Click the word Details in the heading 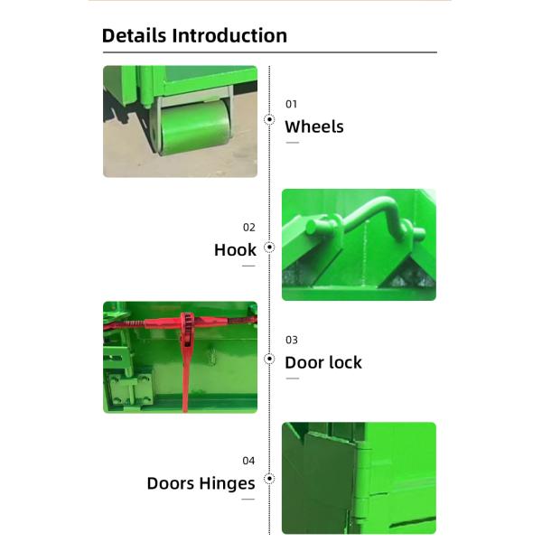pyautogui.click(x=135, y=36)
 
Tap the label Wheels pyautogui.click(x=314, y=126)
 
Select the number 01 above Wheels pyautogui.click(x=291, y=104)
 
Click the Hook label pyautogui.click(x=235, y=250)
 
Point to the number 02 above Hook pyautogui.click(x=248, y=228)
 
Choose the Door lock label pyautogui.click(x=323, y=362)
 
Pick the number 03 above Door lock pyautogui.click(x=291, y=341)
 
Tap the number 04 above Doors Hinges pyautogui.click(x=248, y=461)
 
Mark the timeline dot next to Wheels pyautogui.click(x=269, y=119)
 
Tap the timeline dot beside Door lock pyautogui.click(x=269, y=359)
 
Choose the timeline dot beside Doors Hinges pyautogui.click(x=269, y=480)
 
